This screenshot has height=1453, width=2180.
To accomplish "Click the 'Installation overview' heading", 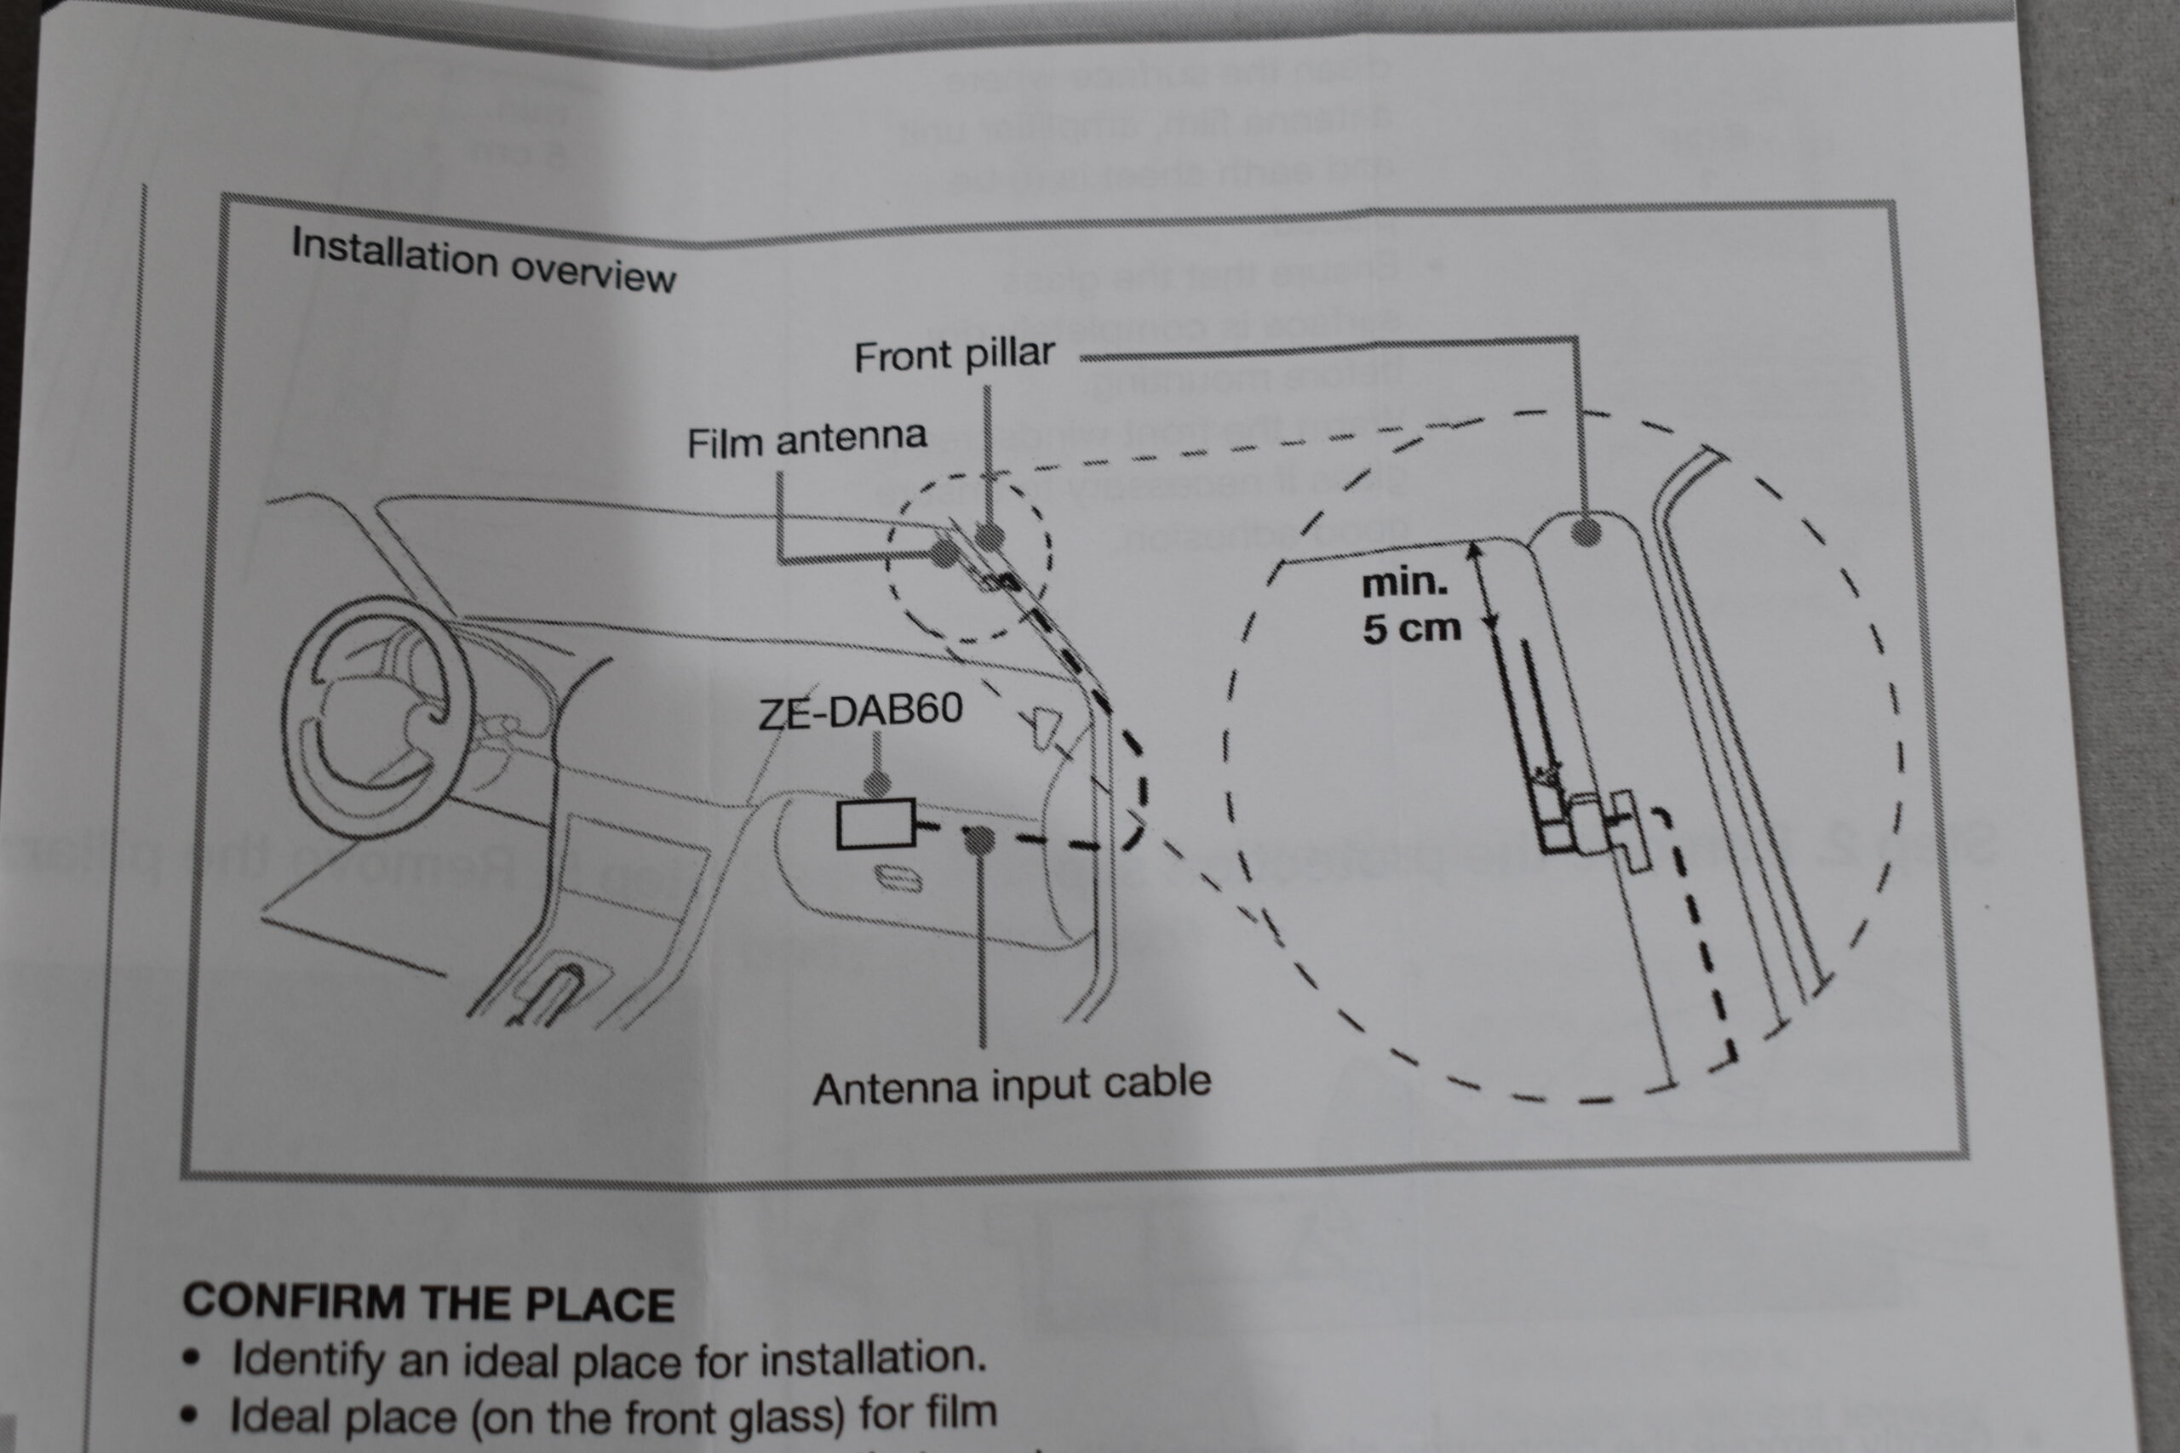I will pyautogui.click(x=483, y=260).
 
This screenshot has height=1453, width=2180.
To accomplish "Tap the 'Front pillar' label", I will pyautogui.click(x=954, y=355).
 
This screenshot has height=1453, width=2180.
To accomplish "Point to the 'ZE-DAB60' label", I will pyautogui.click(x=861, y=711).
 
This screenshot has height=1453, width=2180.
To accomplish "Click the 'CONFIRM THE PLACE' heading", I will pyautogui.click(x=428, y=1303).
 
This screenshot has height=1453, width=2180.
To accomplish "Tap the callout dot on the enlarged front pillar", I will pyautogui.click(x=1586, y=531).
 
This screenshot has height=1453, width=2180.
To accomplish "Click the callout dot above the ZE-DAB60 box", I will pyautogui.click(x=877, y=783).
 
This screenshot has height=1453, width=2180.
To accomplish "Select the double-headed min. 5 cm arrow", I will pyautogui.click(x=1482, y=589).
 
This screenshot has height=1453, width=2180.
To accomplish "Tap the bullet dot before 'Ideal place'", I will pyautogui.click(x=191, y=1416).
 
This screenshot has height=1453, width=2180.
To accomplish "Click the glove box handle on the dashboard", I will pyautogui.click(x=898, y=878).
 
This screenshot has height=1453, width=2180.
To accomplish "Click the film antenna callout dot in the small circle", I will pyautogui.click(x=944, y=554).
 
